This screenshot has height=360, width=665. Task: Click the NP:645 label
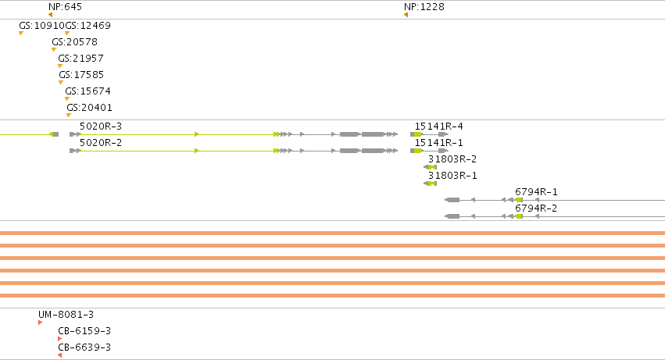(65, 7)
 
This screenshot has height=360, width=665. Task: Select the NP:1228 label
(424, 7)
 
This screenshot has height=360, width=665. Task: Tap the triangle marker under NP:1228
(406, 15)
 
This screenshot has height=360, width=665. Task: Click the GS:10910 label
(41, 26)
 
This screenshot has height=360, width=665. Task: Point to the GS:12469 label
(88, 26)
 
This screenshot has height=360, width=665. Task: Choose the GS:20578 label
(75, 42)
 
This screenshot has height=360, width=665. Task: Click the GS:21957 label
(80, 58)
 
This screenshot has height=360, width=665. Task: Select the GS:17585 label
(81, 75)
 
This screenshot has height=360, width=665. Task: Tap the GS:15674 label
(88, 91)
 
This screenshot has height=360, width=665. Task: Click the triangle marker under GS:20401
(69, 115)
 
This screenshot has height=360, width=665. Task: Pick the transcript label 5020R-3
(101, 127)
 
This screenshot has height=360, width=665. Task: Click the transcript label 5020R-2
(101, 142)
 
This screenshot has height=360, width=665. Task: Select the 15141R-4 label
(439, 127)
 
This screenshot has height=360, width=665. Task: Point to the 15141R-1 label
(439, 142)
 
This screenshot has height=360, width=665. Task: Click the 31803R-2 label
(452, 159)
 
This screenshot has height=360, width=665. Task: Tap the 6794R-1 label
(536, 192)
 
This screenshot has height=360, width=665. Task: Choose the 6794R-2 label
(536, 209)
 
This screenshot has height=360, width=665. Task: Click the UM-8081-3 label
(66, 315)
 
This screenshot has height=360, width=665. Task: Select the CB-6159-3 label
(84, 331)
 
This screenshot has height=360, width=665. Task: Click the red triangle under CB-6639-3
(60, 355)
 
